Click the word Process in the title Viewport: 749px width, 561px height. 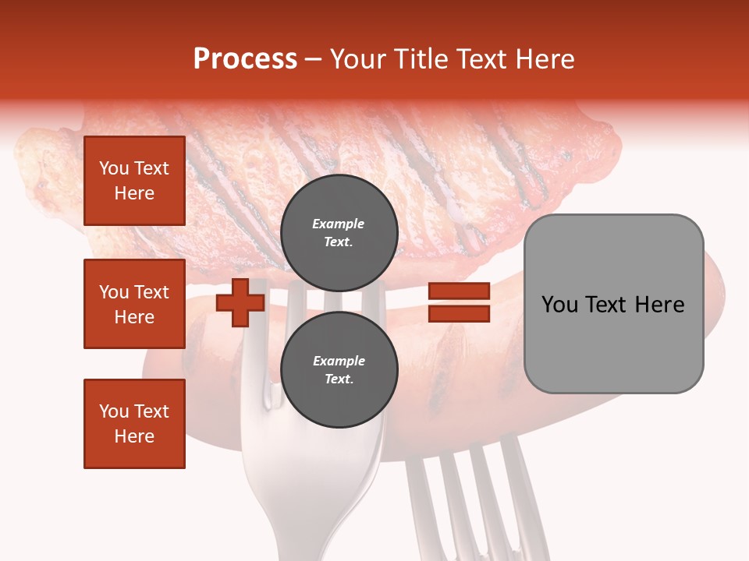[245, 59]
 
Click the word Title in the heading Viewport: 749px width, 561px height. [421, 59]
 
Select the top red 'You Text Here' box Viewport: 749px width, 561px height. [134, 181]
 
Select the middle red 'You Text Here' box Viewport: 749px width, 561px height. [134, 304]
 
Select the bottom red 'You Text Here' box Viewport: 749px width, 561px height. [134, 424]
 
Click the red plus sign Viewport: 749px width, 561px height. [240, 302]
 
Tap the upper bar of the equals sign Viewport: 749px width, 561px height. [460, 291]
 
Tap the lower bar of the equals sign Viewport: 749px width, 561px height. [460, 314]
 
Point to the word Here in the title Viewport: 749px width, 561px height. [546, 59]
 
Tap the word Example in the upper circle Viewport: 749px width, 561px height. [339, 224]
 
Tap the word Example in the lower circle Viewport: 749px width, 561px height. [339, 362]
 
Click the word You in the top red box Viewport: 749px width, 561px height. [114, 169]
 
